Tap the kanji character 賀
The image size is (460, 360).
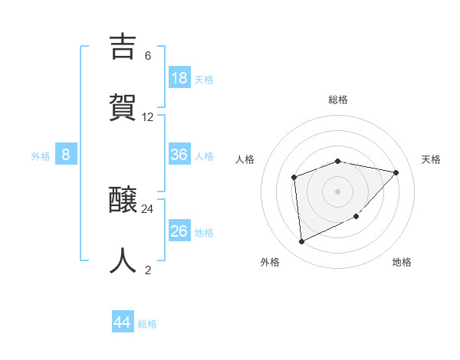tap(123, 106)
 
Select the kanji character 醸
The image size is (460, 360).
tap(123, 201)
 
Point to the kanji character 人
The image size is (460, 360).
tap(123, 260)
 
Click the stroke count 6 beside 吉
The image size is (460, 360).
tap(148, 56)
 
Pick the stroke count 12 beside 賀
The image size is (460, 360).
tap(148, 117)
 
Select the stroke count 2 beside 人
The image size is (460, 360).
tap(148, 270)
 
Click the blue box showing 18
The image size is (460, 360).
tap(179, 78)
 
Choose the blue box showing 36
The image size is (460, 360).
tap(179, 155)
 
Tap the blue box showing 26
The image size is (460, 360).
tap(179, 231)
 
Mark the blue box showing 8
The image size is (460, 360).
tap(65, 155)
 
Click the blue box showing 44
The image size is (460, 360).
tap(122, 322)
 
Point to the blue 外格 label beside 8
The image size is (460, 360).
tap(41, 156)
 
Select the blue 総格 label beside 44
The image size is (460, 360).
tap(148, 324)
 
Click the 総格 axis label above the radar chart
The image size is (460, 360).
tap(338, 100)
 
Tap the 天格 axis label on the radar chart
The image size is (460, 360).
tap(431, 159)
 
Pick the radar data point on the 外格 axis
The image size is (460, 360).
tap(301, 242)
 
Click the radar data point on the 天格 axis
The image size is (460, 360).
tap(396, 172)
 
